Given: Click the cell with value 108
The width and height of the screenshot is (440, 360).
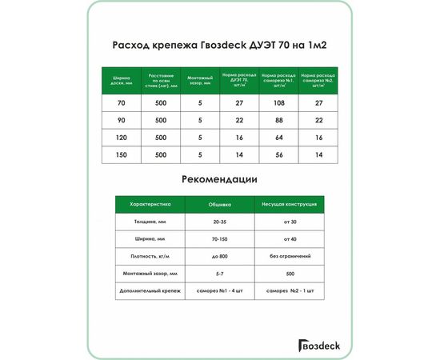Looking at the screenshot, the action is (279, 103).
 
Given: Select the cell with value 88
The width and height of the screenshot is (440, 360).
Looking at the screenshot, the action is (279, 120).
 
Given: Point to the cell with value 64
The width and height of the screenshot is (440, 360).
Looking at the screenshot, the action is (279, 138).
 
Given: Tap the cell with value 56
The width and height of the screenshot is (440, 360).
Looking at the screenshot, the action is (279, 154).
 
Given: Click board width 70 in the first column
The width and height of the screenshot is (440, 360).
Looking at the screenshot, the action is (122, 103).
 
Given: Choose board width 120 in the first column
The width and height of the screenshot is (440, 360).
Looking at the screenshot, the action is (122, 138).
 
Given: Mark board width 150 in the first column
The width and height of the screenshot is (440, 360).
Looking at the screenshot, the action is (122, 154).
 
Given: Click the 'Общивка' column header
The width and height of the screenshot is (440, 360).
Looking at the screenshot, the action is (219, 204).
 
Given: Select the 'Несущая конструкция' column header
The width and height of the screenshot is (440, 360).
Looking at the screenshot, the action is (290, 204).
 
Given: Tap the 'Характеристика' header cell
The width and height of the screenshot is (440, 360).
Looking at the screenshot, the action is (150, 204).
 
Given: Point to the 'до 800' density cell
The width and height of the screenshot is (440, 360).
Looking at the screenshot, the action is (219, 256).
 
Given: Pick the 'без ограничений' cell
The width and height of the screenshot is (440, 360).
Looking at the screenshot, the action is (290, 256).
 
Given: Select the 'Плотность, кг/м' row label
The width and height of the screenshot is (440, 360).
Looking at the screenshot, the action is (150, 256).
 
